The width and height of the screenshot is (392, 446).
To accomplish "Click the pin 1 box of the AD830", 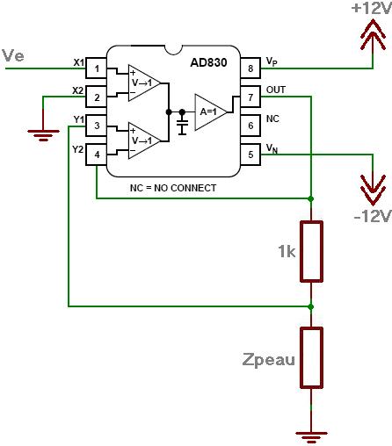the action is (96, 68).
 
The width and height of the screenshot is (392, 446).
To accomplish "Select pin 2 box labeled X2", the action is (96, 97).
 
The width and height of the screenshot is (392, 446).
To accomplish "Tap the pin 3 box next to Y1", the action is (96, 126).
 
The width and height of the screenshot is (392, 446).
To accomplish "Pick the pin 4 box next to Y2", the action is (96, 155).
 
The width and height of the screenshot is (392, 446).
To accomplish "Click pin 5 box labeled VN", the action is (250, 155).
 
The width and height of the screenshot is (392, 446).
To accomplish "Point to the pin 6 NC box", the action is (250, 126).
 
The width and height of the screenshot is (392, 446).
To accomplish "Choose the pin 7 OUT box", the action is (250, 97).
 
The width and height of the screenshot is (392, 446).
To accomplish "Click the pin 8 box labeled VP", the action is (250, 68).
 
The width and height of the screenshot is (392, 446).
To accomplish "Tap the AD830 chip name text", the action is (208, 62).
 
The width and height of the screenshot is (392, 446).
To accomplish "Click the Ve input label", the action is (12, 55).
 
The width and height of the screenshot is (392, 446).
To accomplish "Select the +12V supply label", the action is (372, 8).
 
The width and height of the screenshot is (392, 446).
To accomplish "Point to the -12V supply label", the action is (373, 216).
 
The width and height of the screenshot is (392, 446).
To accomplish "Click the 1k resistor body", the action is (311, 252).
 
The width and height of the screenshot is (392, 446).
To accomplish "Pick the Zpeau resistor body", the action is (311, 357).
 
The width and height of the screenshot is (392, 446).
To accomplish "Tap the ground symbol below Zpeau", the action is (311, 436).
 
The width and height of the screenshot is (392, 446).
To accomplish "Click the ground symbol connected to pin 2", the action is (43, 135).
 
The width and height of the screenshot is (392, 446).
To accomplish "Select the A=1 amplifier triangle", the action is (211, 111).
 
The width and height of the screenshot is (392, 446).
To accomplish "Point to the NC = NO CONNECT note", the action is (173, 188).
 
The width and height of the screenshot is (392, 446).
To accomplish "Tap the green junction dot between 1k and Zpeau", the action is (311, 306).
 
